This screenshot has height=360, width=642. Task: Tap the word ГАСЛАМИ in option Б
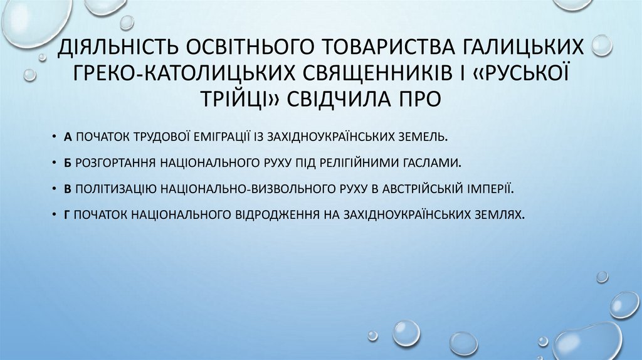point(437,162)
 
